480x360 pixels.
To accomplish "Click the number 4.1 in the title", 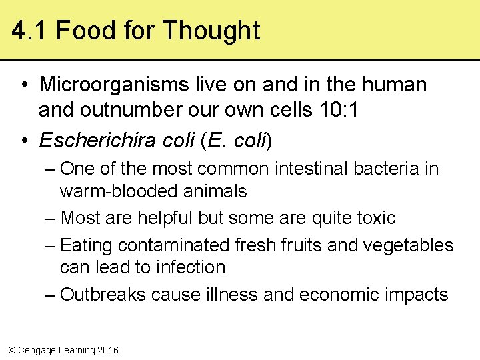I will click(x=30, y=31).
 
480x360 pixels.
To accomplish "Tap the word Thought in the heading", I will click(x=211, y=31).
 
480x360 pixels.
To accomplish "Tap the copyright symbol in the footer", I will click(x=11, y=350).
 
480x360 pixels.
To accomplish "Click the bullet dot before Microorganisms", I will click(x=23, y=85).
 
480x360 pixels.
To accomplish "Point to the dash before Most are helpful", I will click(x=51, y=218).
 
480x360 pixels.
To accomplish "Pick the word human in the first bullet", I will click(x=394, y=85).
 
